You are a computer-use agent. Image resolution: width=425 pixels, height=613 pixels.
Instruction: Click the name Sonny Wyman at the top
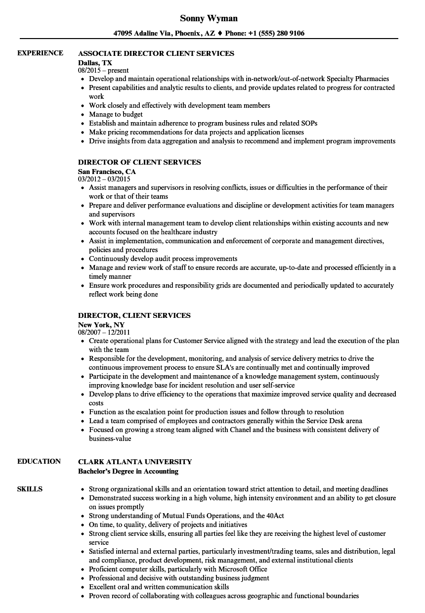209,18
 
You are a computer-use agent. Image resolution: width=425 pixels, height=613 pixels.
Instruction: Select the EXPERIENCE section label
40,53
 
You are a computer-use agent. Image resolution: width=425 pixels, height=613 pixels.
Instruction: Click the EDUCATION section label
39,461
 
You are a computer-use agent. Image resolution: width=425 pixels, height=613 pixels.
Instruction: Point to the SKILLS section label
30,489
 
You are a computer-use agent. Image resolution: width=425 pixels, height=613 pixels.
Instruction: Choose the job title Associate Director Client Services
156,53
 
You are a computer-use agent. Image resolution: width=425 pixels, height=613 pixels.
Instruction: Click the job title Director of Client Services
139,162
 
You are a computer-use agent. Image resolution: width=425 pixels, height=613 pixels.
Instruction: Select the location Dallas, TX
95,63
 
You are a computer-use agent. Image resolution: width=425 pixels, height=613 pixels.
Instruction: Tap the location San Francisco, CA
107,172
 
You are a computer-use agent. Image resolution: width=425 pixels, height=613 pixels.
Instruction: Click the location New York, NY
101,325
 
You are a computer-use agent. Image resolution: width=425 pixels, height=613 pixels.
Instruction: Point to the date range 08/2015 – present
103,71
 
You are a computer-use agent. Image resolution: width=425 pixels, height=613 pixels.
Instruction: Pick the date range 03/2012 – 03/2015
104,179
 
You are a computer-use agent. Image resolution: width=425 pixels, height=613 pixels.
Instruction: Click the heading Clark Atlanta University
135,462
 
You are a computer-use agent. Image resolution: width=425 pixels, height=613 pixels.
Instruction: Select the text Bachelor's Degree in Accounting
128,471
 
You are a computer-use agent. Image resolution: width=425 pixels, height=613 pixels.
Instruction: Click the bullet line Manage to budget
116,114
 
